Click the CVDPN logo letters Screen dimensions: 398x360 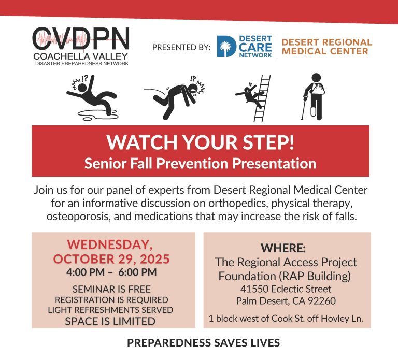(x=81, y=38)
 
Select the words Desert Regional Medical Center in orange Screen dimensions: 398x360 (x=326, y=47)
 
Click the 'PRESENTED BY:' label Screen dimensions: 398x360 (x=181, y=47)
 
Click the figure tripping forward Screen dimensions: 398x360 (x=175, y=97)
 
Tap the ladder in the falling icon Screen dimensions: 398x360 (x=262, y=98)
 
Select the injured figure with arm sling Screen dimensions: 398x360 (x=314, y=96)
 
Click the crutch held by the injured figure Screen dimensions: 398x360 (x=304, y=107)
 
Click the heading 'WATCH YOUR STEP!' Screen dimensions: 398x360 (x=201, y=142)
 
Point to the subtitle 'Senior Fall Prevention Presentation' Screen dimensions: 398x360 (x=200, y=163)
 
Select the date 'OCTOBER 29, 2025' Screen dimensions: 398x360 (x=111, y=259)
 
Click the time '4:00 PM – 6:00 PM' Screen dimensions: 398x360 (x=111, y=272)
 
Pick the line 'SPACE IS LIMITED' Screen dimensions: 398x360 (x=110, y=321)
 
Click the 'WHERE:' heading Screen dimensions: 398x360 (x=283, y=248)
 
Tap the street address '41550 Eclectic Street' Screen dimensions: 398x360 (x=286, y=289)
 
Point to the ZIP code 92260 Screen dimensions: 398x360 (x=322, y=301)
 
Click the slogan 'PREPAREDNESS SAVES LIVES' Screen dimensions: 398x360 (x=203, y=343)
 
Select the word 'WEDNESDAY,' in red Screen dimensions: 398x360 (x=110, y=244)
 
